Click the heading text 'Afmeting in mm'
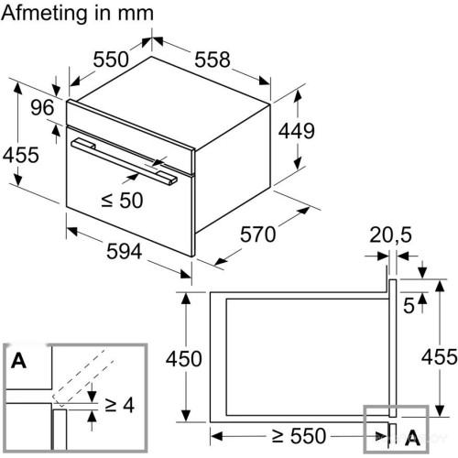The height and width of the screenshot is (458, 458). (x=77, y=14)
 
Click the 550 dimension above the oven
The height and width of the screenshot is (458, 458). (x=111, y=60)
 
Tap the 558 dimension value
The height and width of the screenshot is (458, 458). (x=213, y=60)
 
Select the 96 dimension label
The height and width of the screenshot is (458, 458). (x=42, y=107)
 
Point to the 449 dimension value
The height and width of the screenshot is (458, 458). (x=296, y=131)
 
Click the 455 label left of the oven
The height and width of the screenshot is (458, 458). (x=21, y=155)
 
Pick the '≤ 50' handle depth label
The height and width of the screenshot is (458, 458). (x=122, y=201)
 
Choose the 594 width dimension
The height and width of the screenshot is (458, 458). (x=125, y=252)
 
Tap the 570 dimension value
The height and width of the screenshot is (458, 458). (x=257, y=234)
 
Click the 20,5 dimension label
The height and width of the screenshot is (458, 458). (x=390, y=234)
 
